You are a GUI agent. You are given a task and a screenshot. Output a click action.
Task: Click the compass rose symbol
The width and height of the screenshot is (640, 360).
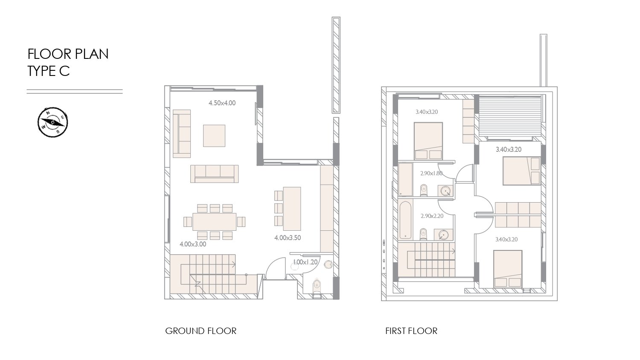53,122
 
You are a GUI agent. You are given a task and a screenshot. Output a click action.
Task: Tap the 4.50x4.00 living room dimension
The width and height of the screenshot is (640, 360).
222,103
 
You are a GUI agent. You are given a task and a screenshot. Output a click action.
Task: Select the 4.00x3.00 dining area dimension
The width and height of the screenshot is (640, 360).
192,244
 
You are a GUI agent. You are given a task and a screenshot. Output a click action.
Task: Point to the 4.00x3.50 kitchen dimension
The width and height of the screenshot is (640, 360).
288,238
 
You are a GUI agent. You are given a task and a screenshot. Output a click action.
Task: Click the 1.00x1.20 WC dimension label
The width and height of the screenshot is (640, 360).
305,262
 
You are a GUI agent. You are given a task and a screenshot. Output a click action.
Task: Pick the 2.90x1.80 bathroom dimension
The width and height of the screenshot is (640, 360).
431,173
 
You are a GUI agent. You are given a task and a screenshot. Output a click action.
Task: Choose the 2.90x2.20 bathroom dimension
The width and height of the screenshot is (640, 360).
432,216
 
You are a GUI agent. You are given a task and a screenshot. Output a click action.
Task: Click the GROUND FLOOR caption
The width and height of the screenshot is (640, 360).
201,331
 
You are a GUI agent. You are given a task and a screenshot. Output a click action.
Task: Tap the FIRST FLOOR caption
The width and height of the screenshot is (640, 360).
411,331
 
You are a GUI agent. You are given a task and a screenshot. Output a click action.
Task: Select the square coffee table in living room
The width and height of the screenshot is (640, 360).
214,136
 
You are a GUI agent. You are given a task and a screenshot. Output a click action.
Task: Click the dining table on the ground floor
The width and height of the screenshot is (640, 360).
215,222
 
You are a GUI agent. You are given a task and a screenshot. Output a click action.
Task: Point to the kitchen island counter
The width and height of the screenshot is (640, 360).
292,209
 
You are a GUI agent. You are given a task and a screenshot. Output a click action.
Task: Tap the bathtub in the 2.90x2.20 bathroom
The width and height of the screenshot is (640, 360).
405,220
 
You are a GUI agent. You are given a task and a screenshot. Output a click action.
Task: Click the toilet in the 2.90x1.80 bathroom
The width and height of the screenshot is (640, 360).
424,190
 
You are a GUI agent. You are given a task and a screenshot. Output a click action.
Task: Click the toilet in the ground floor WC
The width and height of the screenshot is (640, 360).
317,287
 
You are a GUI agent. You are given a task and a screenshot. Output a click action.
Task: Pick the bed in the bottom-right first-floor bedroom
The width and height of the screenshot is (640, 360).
508,269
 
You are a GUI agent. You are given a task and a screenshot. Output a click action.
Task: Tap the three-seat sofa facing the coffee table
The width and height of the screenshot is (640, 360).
215,174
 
